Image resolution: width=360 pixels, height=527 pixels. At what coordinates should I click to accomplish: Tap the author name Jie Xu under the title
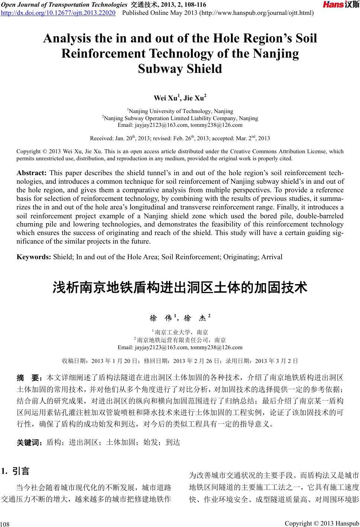[195, 98]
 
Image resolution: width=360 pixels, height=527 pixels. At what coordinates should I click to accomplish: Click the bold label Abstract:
[32, 173]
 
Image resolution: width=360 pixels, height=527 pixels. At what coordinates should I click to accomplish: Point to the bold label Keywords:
[34, 257]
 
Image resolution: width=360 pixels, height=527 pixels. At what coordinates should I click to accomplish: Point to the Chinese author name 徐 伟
[160, 318]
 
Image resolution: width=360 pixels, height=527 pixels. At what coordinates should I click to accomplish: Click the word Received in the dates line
[102, 139]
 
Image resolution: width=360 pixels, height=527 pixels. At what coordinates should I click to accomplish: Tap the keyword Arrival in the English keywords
[272, 257]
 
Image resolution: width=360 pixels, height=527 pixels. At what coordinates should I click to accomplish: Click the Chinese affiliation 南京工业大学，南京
[181, 332]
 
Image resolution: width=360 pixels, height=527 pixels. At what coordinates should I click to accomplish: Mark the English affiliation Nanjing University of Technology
[170, 111]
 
